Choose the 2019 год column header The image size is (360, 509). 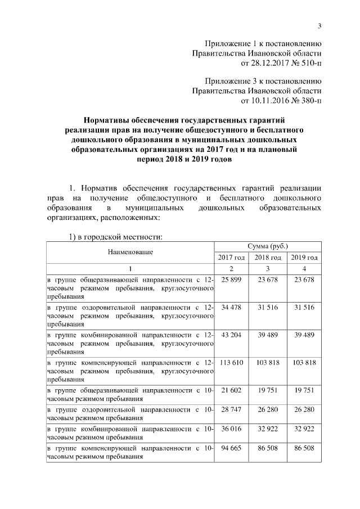pos(304,258)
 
